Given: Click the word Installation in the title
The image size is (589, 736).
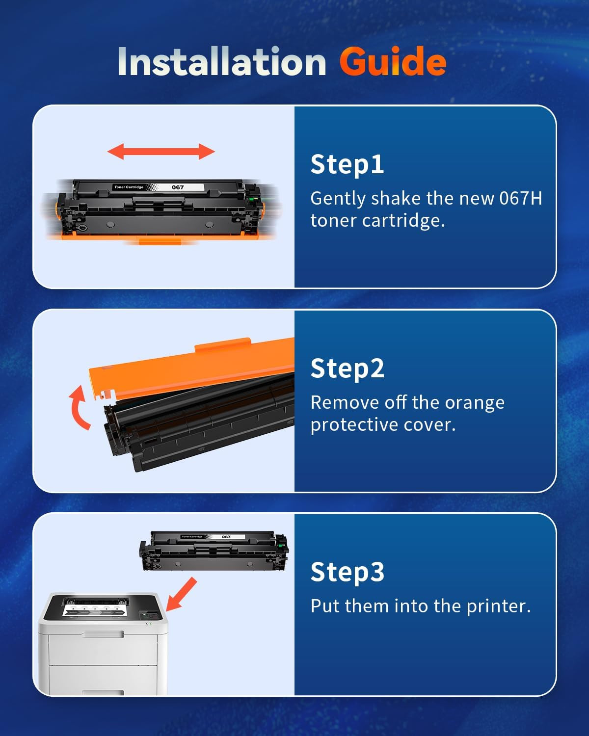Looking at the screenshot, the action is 222,61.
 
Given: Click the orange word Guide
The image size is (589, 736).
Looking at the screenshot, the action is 393,61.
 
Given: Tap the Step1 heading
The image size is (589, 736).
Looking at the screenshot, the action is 347,165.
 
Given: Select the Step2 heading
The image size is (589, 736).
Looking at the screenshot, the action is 348,368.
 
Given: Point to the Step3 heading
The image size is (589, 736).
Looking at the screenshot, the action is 348,572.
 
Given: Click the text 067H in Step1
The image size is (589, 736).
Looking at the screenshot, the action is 521,198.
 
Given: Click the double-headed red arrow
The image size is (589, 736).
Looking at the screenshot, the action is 161,152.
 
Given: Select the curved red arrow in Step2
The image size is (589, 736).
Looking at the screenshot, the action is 78,407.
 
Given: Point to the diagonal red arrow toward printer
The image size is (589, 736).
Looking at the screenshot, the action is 182,594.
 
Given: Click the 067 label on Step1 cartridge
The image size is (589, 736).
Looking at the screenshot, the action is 178,187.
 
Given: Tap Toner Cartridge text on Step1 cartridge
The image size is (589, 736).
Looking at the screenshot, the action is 129,187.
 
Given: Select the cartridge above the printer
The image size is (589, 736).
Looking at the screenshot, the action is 214,551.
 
